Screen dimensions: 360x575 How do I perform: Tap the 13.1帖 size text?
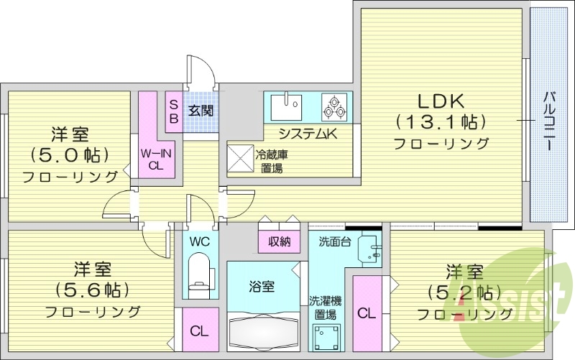(440, 121)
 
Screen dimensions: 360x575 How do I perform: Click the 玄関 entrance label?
(201, 111)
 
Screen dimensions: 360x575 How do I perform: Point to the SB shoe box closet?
(174, 111)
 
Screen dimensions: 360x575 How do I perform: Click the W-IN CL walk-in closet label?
(155, 158)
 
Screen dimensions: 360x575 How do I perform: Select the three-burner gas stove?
(334, 107)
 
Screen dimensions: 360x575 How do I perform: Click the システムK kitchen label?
(308, 133)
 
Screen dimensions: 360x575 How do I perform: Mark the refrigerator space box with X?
(238, 157)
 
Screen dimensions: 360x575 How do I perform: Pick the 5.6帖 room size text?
(92, 290)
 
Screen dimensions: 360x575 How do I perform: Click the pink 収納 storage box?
(279, 241)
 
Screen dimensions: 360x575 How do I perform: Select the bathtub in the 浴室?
(262, 331)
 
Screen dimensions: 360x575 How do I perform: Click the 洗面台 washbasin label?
(335, 241)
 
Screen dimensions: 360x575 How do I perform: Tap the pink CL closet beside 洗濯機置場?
(367, 313)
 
